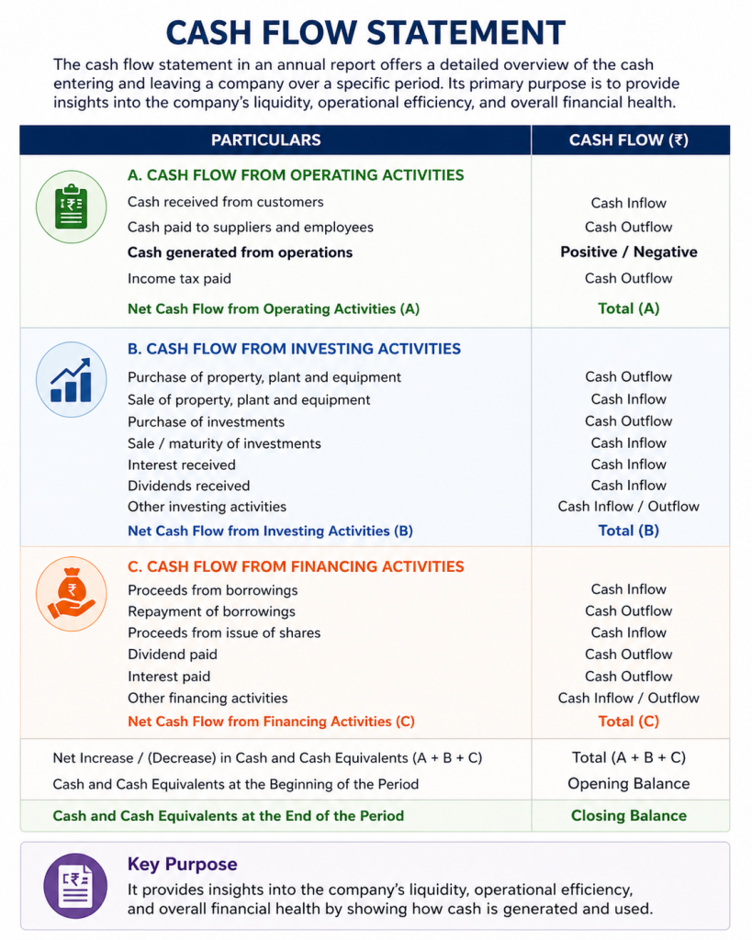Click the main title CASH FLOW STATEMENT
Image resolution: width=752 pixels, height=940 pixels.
[365, 32]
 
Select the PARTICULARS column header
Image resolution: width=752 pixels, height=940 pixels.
[266, 140]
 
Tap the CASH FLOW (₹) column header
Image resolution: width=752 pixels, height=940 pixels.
[629, 140]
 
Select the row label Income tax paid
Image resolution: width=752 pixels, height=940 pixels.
[179, 278]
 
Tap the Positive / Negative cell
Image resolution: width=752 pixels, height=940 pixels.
[629, 252]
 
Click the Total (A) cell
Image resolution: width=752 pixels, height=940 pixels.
[629, 308]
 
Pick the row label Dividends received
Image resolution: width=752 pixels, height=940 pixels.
[188, 486]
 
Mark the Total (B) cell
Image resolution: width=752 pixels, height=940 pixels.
[629, 531]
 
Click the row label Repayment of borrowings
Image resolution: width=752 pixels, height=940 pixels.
[211, 611]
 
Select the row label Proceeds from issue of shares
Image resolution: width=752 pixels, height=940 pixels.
[224, 632]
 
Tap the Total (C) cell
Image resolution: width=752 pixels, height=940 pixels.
[629, 722]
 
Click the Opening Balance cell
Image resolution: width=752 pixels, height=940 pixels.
[629, 784]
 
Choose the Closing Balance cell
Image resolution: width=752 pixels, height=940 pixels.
[629, 815]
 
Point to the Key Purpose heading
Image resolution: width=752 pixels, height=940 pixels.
[182, 865]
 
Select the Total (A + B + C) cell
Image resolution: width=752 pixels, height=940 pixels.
[629, 757]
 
